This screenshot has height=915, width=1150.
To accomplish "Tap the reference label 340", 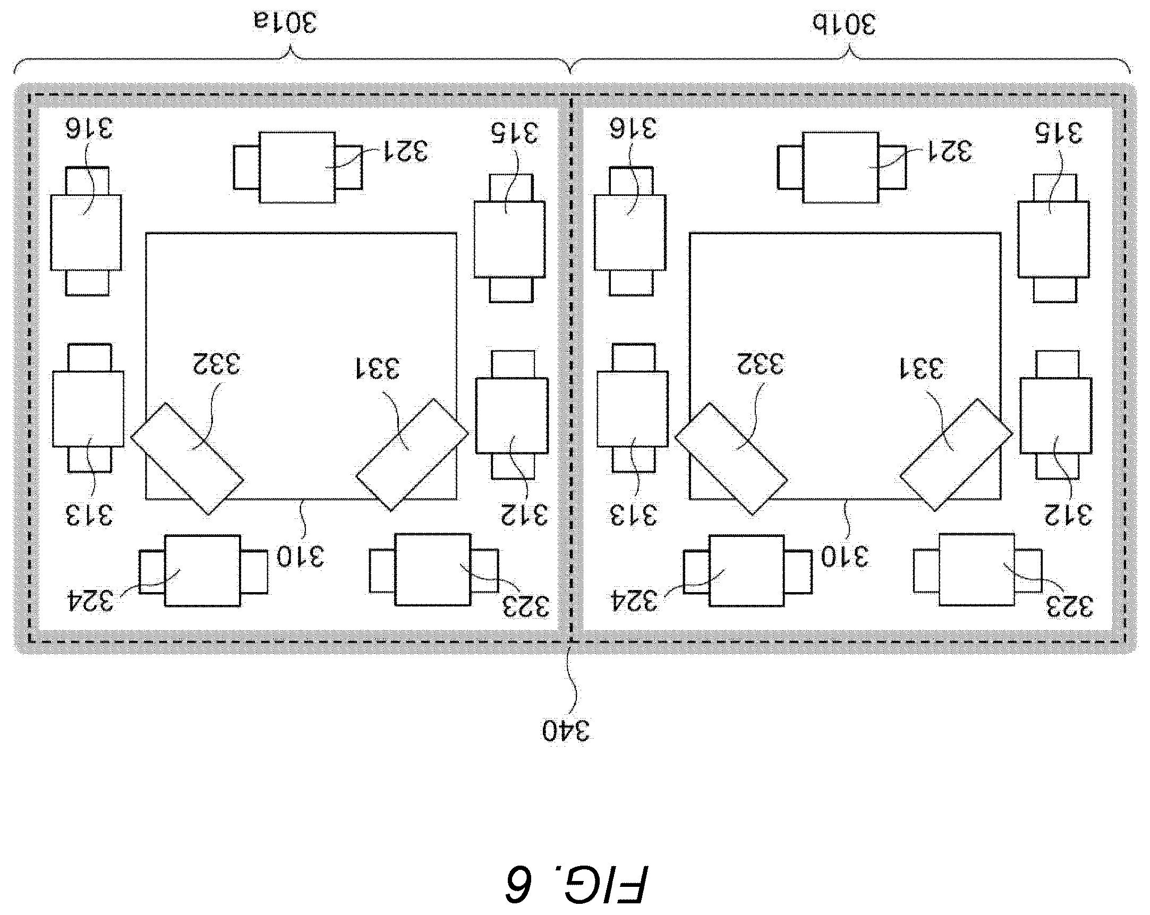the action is click(566, 730).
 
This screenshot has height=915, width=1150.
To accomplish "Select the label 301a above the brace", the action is click(285, 22).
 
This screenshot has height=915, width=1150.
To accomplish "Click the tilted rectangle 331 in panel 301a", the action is click(412, 454).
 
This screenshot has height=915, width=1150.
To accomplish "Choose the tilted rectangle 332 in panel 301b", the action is click(731, 459).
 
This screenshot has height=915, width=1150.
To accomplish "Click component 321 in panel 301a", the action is click(297, 167).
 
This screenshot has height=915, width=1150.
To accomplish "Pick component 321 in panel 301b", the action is click(841, 167).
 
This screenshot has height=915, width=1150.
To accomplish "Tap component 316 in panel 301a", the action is click(87, 232).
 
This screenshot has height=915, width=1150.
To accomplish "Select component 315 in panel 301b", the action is click(1054, 238).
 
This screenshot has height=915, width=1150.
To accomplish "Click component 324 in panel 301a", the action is click(203, 570).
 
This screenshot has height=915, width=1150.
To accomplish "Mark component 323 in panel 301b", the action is click(977, 569).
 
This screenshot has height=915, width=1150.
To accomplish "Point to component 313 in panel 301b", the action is click(633, 408).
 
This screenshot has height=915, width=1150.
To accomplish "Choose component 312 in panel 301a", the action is click(512, 415).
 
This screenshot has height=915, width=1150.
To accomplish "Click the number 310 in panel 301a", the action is click(300, 557).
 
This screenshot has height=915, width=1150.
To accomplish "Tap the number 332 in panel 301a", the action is click(217, 363).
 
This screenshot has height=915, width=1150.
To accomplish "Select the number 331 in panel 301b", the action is click(922, 369).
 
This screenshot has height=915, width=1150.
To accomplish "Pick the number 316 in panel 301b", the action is click(633, 129).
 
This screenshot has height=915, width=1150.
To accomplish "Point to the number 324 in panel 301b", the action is click(634, 601).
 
